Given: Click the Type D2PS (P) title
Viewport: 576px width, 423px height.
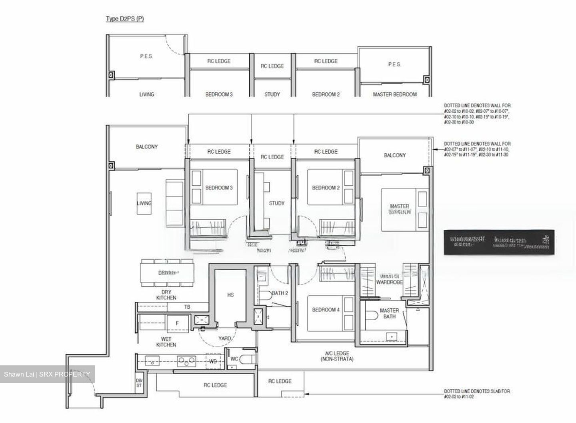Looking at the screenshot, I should pyautogui.click(x=124, y=19).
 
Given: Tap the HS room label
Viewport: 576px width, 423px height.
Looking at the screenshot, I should pyautogui.click(x=230, y=295).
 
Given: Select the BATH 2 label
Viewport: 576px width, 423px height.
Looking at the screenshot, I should pyautogui.click(x=280, y=293).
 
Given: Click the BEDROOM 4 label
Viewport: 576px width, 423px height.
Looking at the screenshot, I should pyautogui.click(x=326, y=309).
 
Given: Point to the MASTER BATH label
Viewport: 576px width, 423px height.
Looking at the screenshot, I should pyautogui.click(x=389, y=313).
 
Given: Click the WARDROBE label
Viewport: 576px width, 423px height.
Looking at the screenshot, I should pyautogui.click(x=389, y=282).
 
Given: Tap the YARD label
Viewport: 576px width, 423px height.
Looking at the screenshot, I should pyautogui.click(x=224, y=339).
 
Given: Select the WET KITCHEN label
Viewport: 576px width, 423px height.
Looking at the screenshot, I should pyautogui.click(x=166, y=341).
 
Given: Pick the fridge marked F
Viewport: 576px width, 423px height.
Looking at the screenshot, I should pyautogui.click(x=178, y=323).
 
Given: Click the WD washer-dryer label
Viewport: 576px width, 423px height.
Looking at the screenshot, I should pyautogui.click(x=213, y=361).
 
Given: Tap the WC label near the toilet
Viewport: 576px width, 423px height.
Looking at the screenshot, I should pyautogui.click(x=234, y=359).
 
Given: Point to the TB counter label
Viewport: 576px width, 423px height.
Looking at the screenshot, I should pyautogui.click(x=187, y=307).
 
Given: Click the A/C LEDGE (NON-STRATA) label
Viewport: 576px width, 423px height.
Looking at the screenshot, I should pyautogui.click(x=337, y=356).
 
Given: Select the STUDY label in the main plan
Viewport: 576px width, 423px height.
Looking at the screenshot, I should pyautogui.click(x=276, y=203).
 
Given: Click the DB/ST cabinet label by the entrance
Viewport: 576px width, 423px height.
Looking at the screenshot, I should pyautogui.click(x=139, y=383).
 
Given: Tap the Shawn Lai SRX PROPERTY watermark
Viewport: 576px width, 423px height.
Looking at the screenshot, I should pyautogui.click(x=47, y=374).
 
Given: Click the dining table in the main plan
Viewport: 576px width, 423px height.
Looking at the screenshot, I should pyautogui.click(x=167, y=273).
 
